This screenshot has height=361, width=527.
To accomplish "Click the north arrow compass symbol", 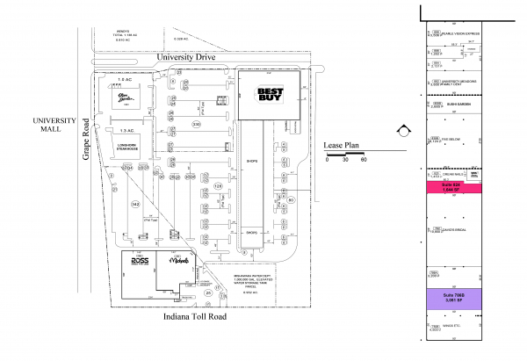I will pyautogui.click(x=402, y=131).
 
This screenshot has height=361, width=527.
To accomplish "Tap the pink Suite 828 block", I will pyautogui.click(x=456, y=186).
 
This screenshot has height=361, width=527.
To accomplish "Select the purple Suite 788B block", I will pyautogui.click(x=456, y=297).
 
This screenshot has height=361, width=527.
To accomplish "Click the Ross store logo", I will pyautogui.click(x=140, y=261).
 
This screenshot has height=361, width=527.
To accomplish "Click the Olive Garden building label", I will pyautogui.click(x=130, y=97).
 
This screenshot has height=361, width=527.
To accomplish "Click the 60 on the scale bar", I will pyautogui.click(x=363, y=160).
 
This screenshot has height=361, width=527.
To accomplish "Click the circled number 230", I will pyautogui.click(x=196, y=126).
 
